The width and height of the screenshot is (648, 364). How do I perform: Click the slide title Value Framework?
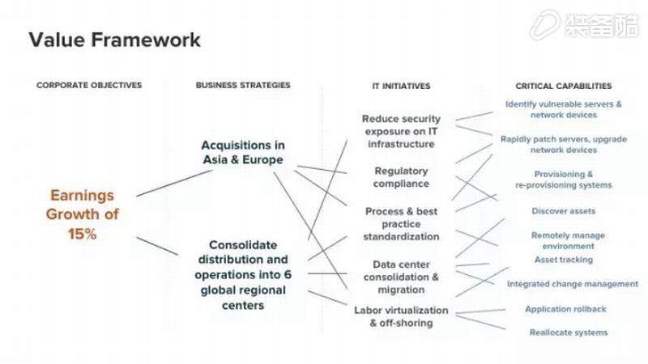tap(114, 40)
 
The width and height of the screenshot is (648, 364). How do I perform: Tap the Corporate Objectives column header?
tap(89, 86)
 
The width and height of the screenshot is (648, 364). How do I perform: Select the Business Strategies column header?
tap(243, 86)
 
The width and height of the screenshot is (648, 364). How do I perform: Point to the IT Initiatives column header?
tap(401, 87)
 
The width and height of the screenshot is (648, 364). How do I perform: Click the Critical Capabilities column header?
tap(563, 87)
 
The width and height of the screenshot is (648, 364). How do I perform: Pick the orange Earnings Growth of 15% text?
tap(83, 214)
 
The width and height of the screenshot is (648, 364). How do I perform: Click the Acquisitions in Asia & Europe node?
tap(243, 152)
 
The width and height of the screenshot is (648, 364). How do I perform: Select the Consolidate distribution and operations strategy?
tap(243, 275)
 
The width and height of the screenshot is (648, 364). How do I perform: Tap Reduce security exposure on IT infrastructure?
tap(401, 131)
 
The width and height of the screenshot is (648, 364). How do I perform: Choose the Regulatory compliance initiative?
tap(401, 177)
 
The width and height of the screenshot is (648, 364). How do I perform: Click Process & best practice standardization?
tap(401, 224)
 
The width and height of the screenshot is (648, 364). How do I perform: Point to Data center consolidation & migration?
tap(401, 277)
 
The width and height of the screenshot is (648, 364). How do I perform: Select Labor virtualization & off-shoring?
tap(401, 316)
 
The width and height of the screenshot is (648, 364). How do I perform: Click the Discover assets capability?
tap(563, 211)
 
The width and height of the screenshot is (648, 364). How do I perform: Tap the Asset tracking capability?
tap(563, 260)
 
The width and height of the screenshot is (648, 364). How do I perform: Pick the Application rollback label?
tap(565, 309)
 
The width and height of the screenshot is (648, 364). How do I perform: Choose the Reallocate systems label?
tap(569, 332)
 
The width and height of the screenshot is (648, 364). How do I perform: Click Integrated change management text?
tap(573, 284)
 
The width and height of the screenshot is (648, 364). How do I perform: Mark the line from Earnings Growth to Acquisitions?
tap(174, 184)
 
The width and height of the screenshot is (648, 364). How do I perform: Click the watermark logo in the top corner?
tap(584, 25)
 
